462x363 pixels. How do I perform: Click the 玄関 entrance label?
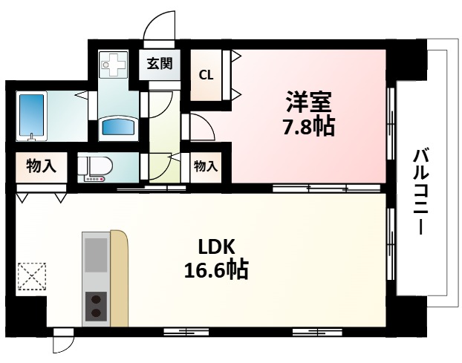[x=159, y=63]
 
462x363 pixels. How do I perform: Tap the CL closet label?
[x=207, y=74]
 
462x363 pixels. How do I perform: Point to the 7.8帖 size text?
[x=308, y=127]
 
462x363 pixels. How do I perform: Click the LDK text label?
[x=216, y=246]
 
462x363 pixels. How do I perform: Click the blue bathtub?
[x=32, y=116]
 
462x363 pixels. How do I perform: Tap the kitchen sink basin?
[x=94, y=255]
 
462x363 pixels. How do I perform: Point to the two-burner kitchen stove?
[x=94, y=307]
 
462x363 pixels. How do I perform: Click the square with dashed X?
[x=30, y=278]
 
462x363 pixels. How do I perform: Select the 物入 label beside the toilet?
[x=40, y=166]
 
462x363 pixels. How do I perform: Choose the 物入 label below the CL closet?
[x=206, y=166]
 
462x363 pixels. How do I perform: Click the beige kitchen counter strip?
[x=118, y=278]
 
